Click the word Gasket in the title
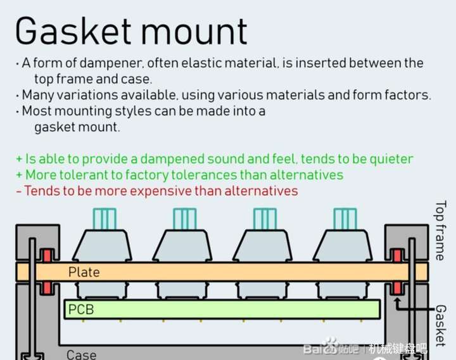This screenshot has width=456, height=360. [x=75, y=31]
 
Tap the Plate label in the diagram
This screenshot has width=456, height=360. [x=84, y=272]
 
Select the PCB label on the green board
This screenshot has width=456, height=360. [x=80, y=309]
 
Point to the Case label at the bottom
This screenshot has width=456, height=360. [x=81, y=354]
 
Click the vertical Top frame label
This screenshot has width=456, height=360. [x=441, y=231]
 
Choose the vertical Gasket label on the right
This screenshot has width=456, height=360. [x=441, y=325]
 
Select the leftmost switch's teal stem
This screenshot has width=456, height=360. [x=104, y=219]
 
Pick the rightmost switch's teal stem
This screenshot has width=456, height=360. [x=345, y=219]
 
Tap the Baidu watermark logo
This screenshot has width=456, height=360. [x=330, y=348]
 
